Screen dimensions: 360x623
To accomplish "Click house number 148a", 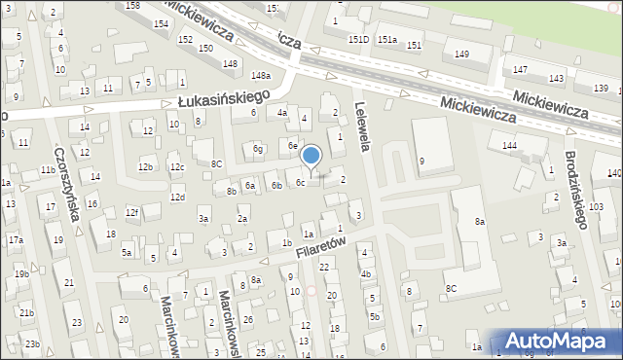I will point(260,75).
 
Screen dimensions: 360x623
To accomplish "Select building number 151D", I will point(359,40).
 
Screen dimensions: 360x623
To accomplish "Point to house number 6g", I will point(258,149).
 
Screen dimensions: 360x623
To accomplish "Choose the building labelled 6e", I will point(292,145).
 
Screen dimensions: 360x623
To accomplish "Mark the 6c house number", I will point(301,182).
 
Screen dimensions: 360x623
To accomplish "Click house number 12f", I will point(131,212).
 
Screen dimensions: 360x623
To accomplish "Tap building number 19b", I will point(21,274).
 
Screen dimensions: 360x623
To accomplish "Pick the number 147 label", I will point(521,70).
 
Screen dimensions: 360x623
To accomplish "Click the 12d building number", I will point(176,197).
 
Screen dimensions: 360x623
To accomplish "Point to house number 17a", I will point(15,239).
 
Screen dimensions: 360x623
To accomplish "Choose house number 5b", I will point(374,316).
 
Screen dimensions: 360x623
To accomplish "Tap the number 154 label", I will point(159,24).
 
